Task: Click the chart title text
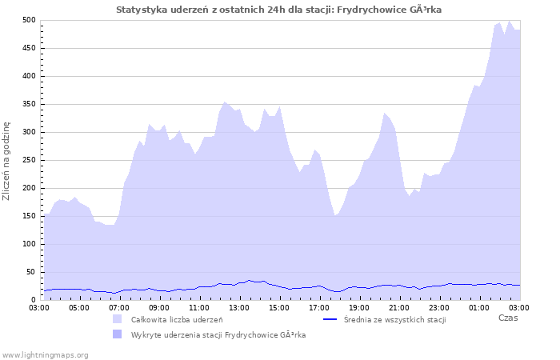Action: point(278,10)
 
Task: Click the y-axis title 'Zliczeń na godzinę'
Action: point(7,160)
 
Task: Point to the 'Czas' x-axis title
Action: point(507,318)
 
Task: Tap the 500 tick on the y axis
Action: point(29,20)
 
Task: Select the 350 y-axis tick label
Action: point(29,104)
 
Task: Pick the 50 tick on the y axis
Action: point(31,272)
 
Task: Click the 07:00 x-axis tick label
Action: point(119,306)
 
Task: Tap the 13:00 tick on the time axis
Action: point(239,306)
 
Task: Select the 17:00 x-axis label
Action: point(319,306)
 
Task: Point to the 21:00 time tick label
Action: point(399,306)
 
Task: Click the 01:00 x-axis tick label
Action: point(479,306)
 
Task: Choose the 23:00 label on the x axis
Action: point(439,306)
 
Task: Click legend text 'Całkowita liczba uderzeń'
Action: point(177,319)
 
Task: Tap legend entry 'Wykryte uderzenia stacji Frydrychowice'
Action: point(218,334)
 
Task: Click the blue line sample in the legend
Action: point(330,319)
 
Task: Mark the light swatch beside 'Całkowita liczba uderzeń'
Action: point(118,319)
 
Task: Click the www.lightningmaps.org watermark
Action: point(45,354)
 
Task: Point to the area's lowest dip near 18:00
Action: point(336,215)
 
